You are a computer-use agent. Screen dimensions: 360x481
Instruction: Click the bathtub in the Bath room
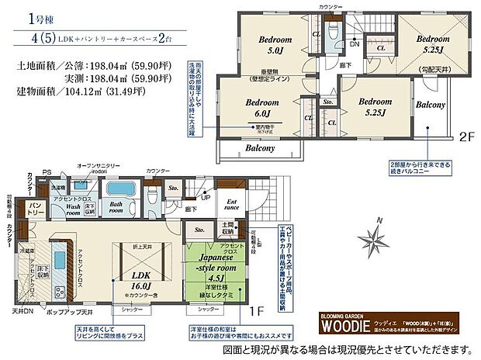point(121,188)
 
